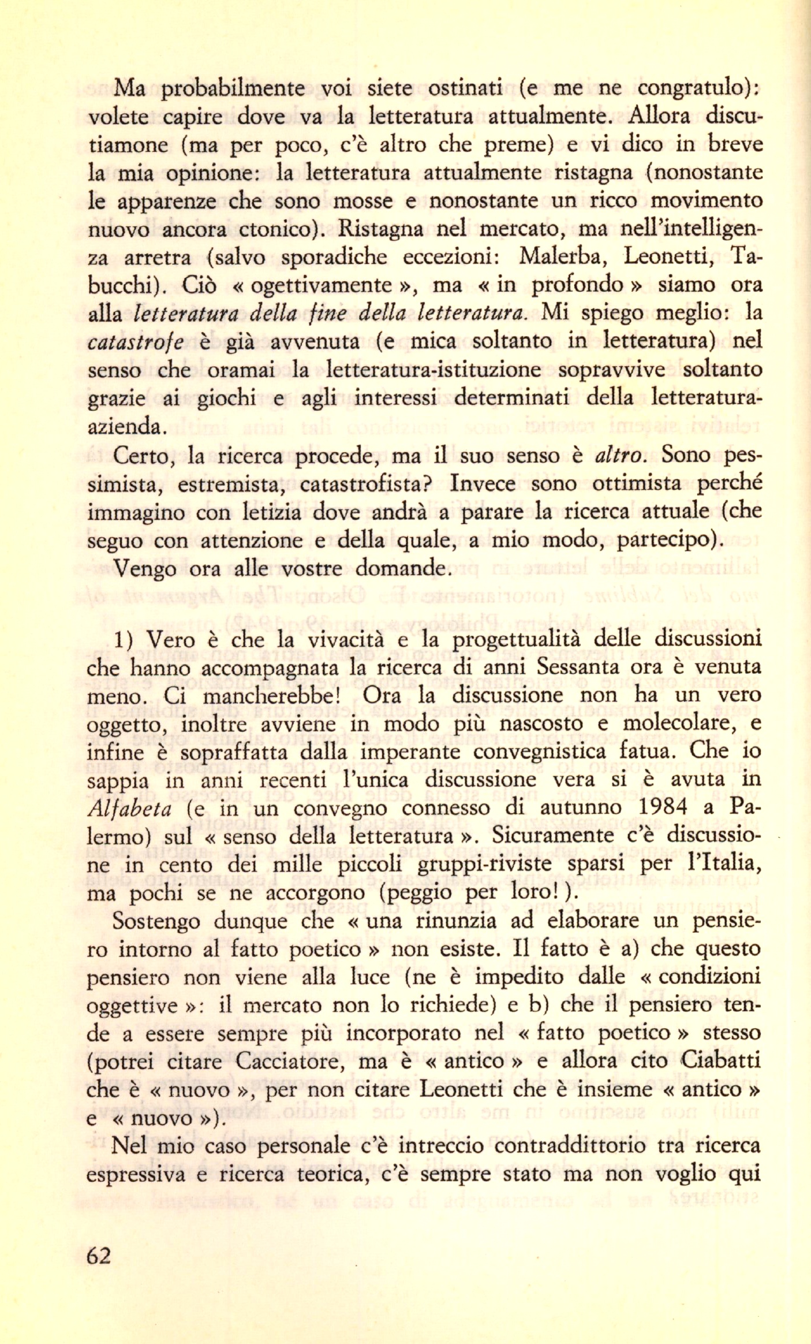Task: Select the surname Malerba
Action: (x=559, y=256)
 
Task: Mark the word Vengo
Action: (x=144, y=569)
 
